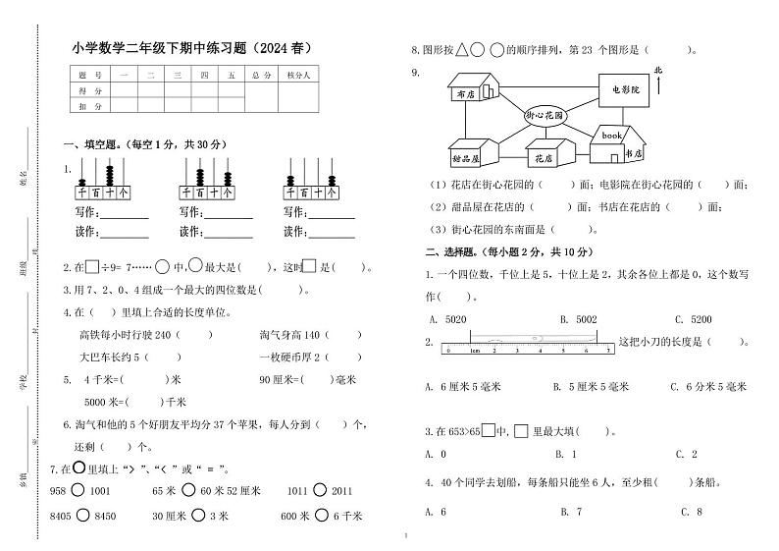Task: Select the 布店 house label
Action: point(465,94)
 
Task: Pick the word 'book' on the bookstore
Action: point(612,135)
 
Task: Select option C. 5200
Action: point(693,318)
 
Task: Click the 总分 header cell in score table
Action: point(261,74)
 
